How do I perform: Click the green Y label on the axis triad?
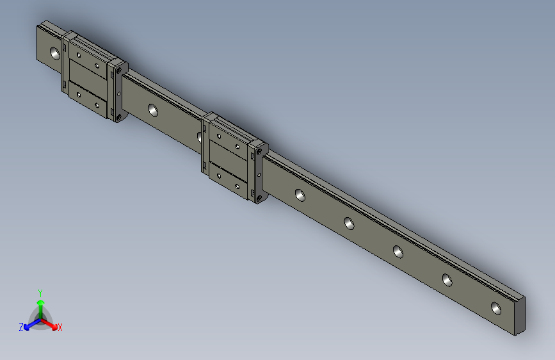click(x=40, y=291)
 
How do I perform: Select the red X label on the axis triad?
click(x=60, y=327)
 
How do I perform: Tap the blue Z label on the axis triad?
click(x=21, y=327)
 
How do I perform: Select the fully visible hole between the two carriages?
click(x=153, y=110)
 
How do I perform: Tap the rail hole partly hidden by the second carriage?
click(x=200, y=136)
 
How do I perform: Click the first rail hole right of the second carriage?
click(x=299, y=193)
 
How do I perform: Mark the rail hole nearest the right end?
click(x=496, y=307)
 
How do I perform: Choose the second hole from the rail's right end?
click(x=446, y=279)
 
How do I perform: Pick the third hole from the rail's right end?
click(x=398, y=252)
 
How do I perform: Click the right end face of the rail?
click(x=520, y=316)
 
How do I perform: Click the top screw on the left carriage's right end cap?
click(x=118, y=68)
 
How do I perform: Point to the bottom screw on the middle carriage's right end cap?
click(x=259, y=197)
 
